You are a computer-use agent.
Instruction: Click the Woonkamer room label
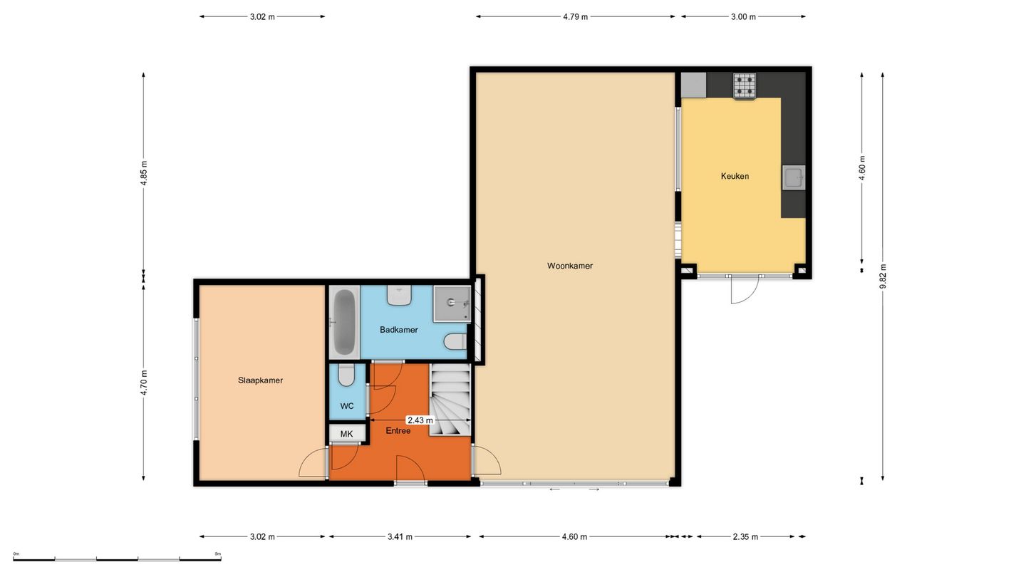click(570, 266)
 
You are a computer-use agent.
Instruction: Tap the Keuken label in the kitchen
click(735, 176)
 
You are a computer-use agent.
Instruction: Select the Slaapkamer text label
click(260, 380)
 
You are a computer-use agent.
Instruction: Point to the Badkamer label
click(398, 330)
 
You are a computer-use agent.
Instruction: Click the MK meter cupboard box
click(347, 434)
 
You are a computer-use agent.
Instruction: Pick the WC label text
click(347, 406)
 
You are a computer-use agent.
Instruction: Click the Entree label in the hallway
click(398, 430)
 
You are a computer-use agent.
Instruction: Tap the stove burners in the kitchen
click(745, 87)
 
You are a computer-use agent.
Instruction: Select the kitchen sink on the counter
click(793, 177)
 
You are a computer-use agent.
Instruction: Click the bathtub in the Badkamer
click(344, 323)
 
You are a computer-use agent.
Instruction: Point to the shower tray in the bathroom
click(452, 303)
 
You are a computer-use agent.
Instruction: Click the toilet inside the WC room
click(347, 375)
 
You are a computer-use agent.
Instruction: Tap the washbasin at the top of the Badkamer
click(399, 296)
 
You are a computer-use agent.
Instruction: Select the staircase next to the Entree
click(450, 400)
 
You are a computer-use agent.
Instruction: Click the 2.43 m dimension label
click(420, 420)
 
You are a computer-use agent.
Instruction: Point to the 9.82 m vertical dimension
click(883, 276)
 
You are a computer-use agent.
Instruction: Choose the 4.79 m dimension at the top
click(575, 17)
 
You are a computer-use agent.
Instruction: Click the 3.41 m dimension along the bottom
click(400, 536)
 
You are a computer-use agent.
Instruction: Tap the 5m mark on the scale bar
click(218, 553)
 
